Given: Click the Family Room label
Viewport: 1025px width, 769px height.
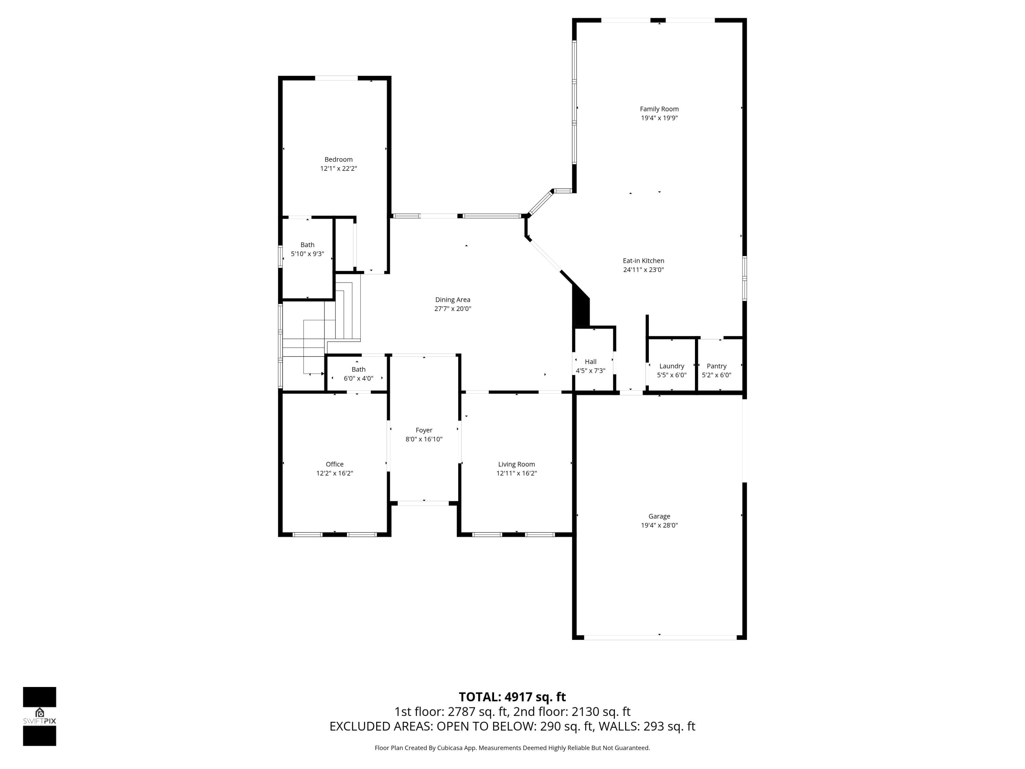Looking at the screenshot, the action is point(659,109).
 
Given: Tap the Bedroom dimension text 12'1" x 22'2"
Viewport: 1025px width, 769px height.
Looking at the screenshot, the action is point(338,168).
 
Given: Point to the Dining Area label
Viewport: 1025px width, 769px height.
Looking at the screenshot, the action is point(452,299).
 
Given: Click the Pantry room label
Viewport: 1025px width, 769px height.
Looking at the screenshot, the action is point(716,366).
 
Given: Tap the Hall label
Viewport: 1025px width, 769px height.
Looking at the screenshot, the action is point(590,362).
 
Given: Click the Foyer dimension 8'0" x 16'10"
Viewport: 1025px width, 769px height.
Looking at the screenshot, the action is point(424,439).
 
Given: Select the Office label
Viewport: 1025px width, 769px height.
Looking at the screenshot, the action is point(334,464).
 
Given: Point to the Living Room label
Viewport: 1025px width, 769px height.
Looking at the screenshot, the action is point(516,464).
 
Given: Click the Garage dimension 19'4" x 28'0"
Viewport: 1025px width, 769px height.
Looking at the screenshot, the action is point(659,525).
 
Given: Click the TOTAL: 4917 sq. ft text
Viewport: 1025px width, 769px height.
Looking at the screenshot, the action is point(512,697).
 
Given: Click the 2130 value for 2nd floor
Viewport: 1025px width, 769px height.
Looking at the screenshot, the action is point(584,712).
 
